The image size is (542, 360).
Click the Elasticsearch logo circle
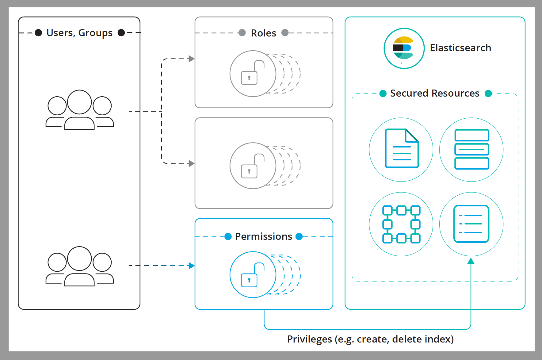click(404, 48)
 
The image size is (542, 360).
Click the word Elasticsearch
click(460, 48)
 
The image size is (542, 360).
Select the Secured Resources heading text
click(434, 93)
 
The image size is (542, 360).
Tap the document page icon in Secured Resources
click(402, 149)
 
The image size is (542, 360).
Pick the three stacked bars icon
click(471, 149)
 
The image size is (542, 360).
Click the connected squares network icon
click(401, 224)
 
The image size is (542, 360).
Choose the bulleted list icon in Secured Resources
click(471, 224)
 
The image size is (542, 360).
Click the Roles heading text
click(263, 33)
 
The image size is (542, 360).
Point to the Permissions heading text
click(263, 236)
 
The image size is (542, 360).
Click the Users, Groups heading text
click(79, 33)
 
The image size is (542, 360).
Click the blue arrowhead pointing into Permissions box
click(192, 266)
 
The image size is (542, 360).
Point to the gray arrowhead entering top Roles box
click(192, 59)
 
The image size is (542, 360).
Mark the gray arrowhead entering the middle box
click(192, 163)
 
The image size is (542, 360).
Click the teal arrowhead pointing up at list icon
click(471, 261)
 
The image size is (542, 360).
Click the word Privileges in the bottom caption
click(309, 339)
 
